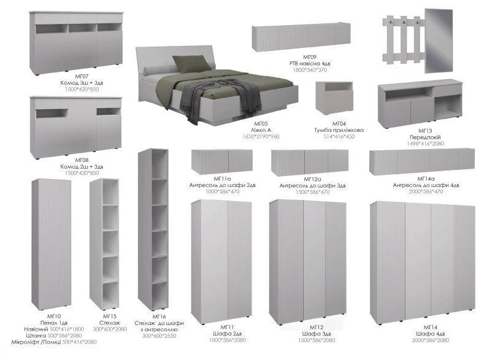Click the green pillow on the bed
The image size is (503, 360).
(192, 64)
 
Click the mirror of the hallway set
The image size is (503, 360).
(439, 40)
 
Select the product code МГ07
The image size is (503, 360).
(82, 77)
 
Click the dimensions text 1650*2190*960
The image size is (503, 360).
(261, 137)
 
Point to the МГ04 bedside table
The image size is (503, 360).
(334, 98)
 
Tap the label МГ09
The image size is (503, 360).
(310, 57)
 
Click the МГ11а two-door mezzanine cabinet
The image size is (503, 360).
(222, 161)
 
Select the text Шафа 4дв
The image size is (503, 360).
(431, 334)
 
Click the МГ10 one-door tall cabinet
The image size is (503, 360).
(52, 245)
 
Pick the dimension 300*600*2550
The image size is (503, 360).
(159, 336)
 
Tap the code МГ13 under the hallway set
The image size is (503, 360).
(425, 131)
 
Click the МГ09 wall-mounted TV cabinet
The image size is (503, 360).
(301, 37)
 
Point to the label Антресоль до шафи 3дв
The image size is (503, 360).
(312, 186)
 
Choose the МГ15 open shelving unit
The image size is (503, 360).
(104, 244)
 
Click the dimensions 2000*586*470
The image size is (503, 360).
(426, 192)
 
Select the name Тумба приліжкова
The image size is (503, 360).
(339, 130)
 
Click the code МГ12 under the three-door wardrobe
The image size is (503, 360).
(317, 327)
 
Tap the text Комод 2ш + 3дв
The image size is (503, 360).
(82, 167)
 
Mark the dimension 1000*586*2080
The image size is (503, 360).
(228, 340)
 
